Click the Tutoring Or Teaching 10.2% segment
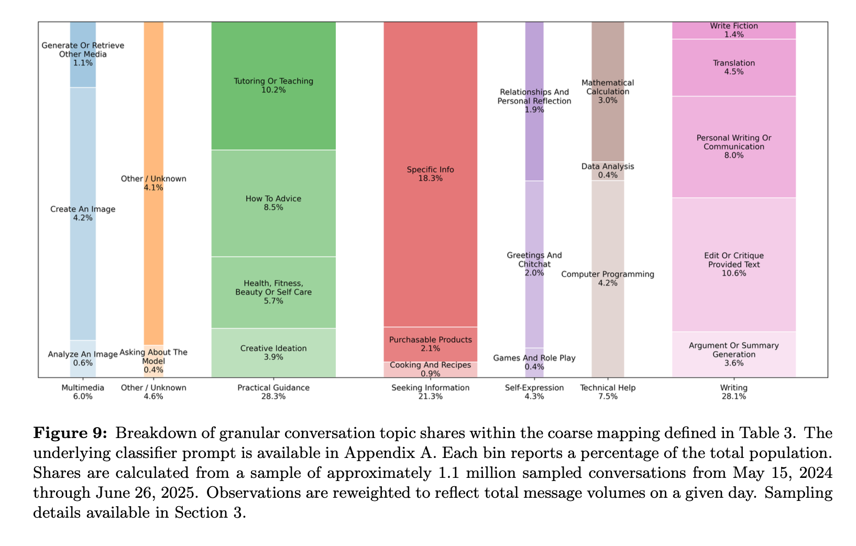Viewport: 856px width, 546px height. (273, 85)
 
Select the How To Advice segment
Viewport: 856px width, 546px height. (273, 203)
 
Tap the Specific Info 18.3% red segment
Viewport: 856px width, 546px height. (430, 173)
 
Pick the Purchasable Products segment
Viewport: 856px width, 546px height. (430, 344)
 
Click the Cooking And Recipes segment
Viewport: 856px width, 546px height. (430, 369)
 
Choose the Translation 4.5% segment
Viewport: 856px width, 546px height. (733, 67)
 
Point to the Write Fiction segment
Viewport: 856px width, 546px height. (733, 30)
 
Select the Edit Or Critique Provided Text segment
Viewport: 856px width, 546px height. (733, 264)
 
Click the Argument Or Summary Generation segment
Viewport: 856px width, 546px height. (733, 354)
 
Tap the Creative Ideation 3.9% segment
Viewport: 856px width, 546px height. (273, 352)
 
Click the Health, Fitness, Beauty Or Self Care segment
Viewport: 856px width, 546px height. (273, 292)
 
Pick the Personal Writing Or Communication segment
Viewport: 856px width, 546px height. (733, 146)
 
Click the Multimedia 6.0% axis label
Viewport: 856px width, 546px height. (83, 392)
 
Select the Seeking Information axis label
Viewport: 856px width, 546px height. (430, 392)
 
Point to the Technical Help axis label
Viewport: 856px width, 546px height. (608, 392)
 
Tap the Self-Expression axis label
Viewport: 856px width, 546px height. (534, 392)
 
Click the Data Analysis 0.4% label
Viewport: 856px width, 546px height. (608, 170)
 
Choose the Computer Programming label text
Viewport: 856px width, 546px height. (608, 275)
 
